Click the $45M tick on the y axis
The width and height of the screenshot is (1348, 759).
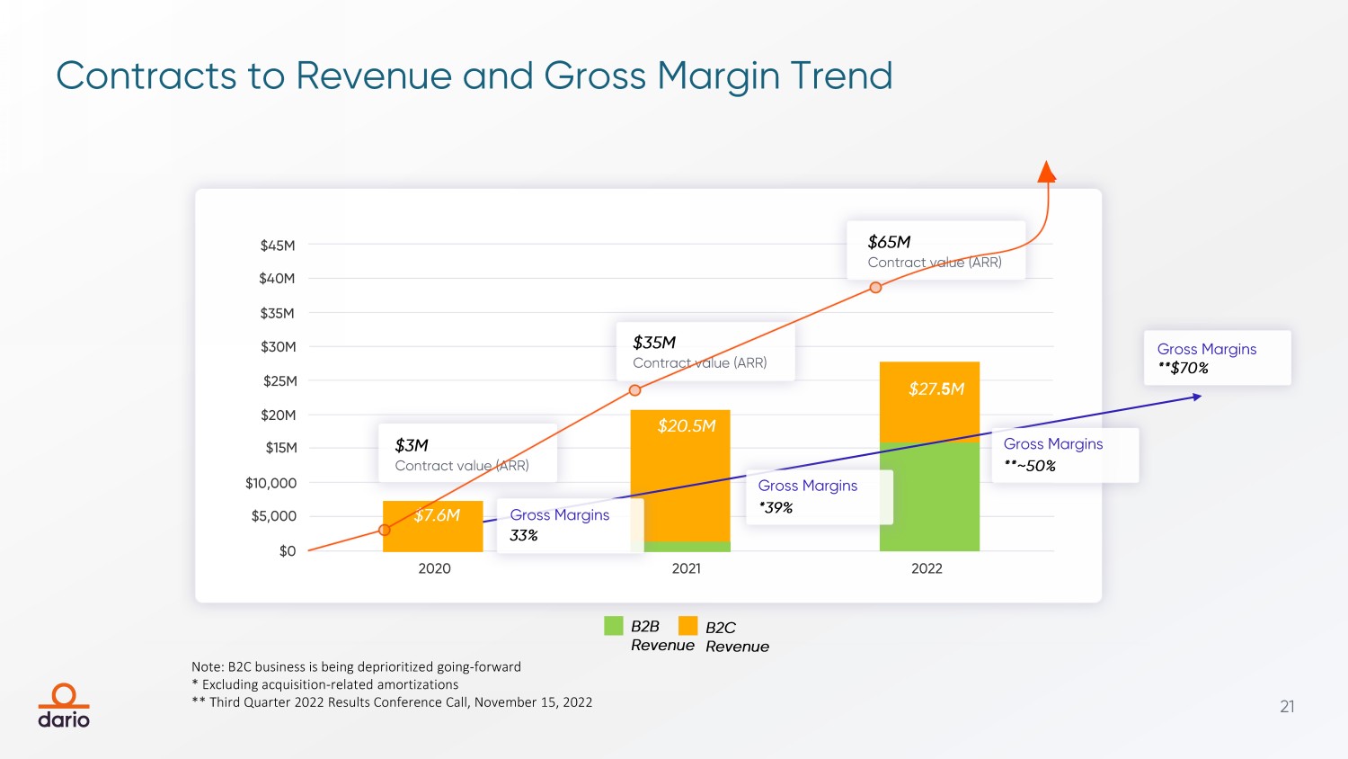pos(277,246)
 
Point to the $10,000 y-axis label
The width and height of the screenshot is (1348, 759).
pos(270,483)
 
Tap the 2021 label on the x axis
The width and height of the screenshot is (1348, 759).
pos(686,568)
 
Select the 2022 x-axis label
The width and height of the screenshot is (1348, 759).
pos(927,568)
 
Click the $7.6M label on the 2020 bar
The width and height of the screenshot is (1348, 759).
pos(437,515)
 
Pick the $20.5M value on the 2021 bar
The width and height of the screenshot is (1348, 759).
pos(687,425)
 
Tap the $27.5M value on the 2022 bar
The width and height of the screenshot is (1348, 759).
pos(936,388)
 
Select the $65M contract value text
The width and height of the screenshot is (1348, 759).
pos(889,242)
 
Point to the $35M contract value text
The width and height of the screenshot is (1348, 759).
pos(654,343)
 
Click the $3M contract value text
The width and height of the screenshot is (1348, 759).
pos(412,445)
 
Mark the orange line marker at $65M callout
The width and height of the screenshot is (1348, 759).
pos(875,288)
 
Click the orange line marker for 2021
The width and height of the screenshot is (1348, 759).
pos(634,390)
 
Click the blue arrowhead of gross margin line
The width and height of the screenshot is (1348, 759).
pos(1197,397)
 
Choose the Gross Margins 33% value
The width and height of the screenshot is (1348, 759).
pos(523,536)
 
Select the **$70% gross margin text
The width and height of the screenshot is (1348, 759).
pos(1183,368)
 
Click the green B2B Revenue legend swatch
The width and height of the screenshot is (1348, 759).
pos(614,626)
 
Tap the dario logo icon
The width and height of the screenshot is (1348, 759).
pos(64,696)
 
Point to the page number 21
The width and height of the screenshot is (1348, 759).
pos(1287,707)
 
